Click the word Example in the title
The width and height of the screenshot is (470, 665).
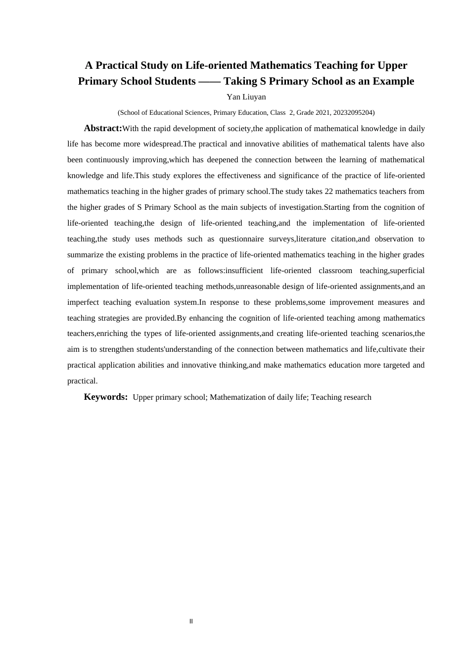click(391, 81)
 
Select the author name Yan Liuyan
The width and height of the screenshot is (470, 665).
click(246, 97)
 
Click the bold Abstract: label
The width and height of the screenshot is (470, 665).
click(103, 128)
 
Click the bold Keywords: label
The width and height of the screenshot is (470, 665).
click(106, 397)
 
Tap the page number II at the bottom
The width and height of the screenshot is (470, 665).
click(191, 621)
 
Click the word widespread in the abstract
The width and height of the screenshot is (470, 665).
click(163, 144)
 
